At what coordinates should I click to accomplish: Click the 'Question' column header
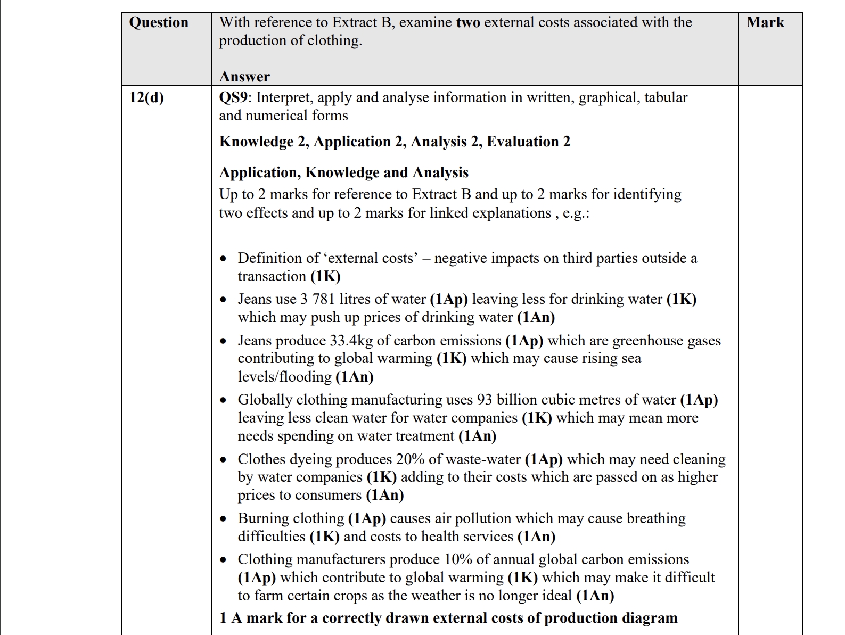coord(159,22)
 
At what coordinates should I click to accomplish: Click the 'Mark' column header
coord(765,22)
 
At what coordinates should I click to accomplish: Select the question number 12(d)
coord(146,97)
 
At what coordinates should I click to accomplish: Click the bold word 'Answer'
coord(244,77)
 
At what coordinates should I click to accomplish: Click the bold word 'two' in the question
coord(468,22)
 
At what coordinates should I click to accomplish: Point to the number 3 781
coord(325,299)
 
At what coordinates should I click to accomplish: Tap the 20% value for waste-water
coord(408,459)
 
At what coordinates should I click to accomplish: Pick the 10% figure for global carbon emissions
coord(458,559)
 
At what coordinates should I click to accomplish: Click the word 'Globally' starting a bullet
coord(265,400)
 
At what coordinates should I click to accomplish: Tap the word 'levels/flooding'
coord(285,377)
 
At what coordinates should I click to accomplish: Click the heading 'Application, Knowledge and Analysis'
coord(344,172)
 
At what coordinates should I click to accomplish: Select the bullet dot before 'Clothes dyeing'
coord(223,460)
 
